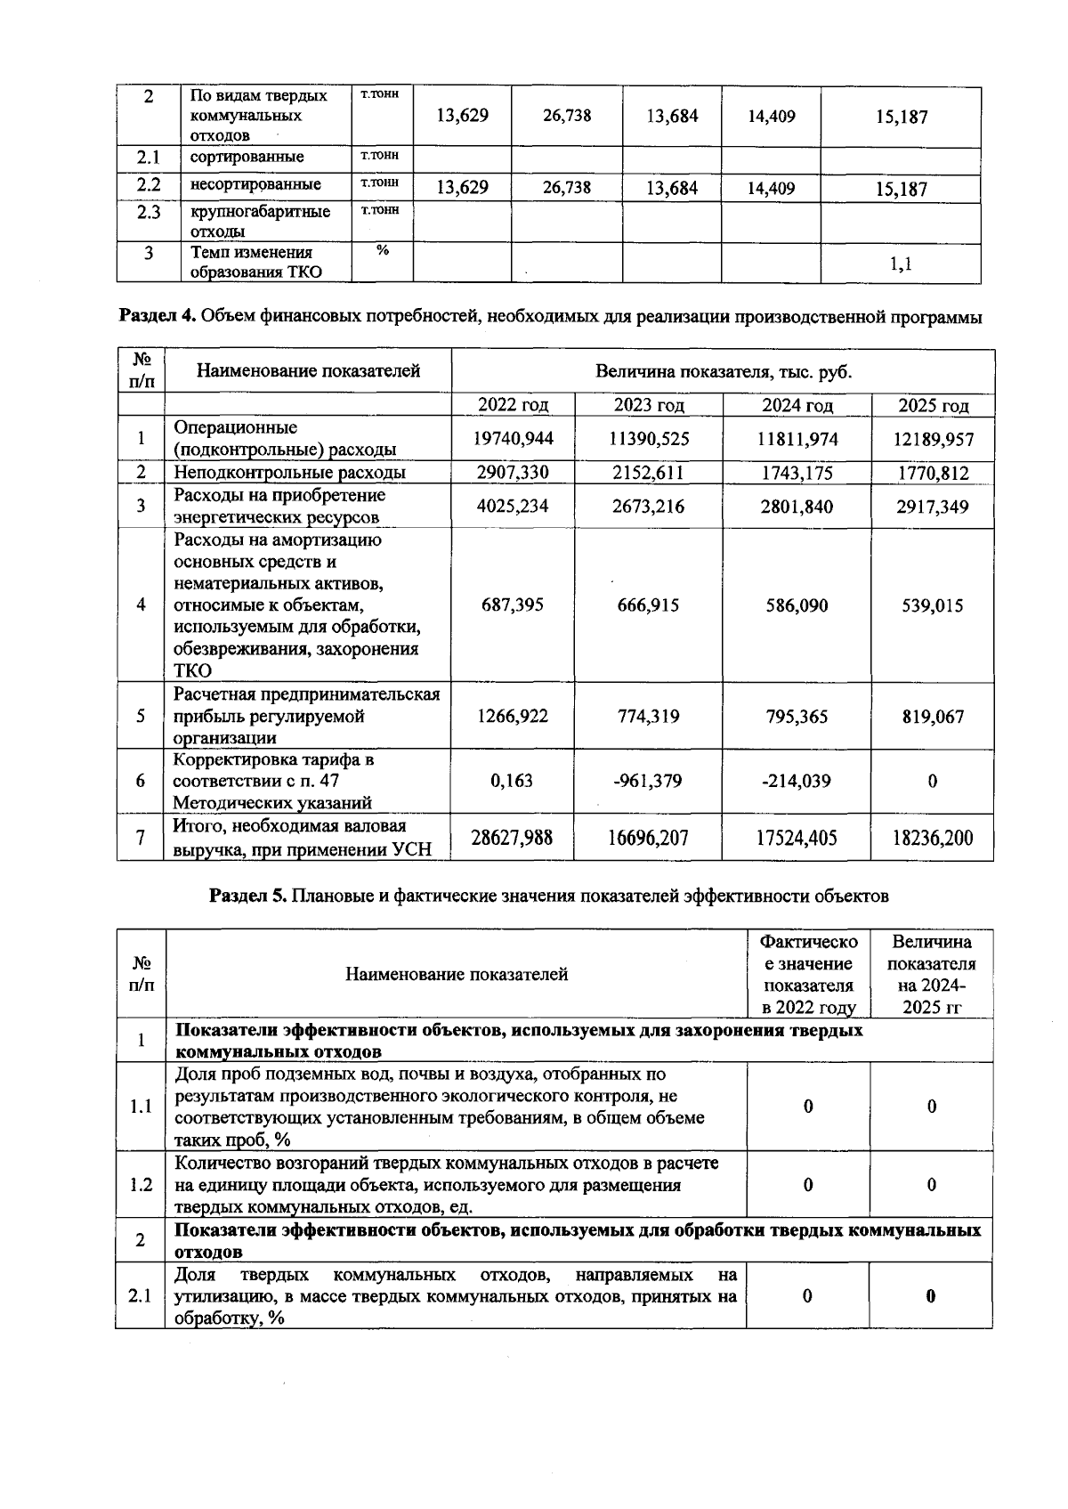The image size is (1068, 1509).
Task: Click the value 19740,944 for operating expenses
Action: point(513,439)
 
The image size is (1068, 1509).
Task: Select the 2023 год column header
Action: point(649,406)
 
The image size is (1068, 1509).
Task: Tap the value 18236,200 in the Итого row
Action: point(932,838)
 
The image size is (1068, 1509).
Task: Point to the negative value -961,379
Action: point(648,781)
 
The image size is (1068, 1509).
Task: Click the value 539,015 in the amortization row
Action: point(932,605)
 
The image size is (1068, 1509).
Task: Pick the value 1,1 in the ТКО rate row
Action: point(901,264)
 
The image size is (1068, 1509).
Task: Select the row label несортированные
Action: point(255,185)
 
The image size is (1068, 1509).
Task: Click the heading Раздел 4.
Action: point(158,317)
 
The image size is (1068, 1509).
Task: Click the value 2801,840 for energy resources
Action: point(797,507)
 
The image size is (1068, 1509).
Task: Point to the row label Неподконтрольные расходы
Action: point(289,473)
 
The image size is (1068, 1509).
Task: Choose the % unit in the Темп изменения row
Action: point(382,251)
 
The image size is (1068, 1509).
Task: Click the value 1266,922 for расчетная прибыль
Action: point(513,717)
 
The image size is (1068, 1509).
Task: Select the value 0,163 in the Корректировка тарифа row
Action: point(513,781)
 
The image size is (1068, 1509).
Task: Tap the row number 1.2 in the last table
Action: point(141,1185)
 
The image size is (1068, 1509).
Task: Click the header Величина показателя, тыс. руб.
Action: point(723,372)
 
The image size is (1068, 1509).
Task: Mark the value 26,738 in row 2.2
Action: point(566,188)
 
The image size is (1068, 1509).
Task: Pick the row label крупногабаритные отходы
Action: point(260,222)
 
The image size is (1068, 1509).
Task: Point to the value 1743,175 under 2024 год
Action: point(797,473)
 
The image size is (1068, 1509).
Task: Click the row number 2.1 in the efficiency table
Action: point(140,1296)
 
